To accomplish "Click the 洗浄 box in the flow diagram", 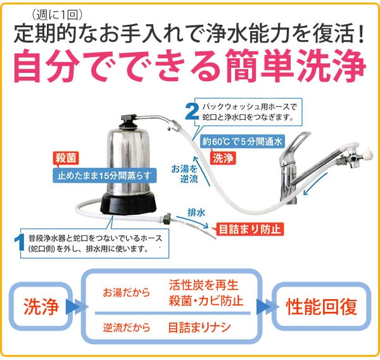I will point(41,307).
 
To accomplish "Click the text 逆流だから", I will point(126,328).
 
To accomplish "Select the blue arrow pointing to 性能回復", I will point(263,308).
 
